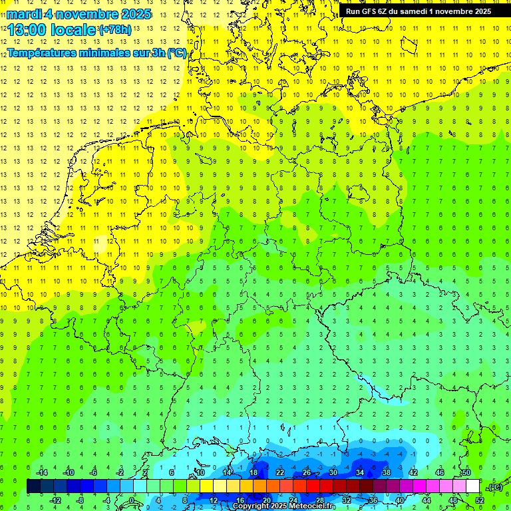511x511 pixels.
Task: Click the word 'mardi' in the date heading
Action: [24, 14]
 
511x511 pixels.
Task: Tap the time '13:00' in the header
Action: [27, 29]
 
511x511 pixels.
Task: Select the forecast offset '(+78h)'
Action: [115, 30]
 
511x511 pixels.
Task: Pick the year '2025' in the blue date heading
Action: [133, 14]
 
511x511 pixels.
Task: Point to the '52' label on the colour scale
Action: [480, 500]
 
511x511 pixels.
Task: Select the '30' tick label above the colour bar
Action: [333, 472]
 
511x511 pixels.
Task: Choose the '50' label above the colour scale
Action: [466, 472]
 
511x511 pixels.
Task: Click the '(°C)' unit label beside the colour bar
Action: [494, 486]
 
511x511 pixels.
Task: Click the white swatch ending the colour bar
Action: [473, 486]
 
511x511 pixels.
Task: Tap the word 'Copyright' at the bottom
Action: [251, 506]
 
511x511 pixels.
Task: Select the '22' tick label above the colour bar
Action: [280, 472]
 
